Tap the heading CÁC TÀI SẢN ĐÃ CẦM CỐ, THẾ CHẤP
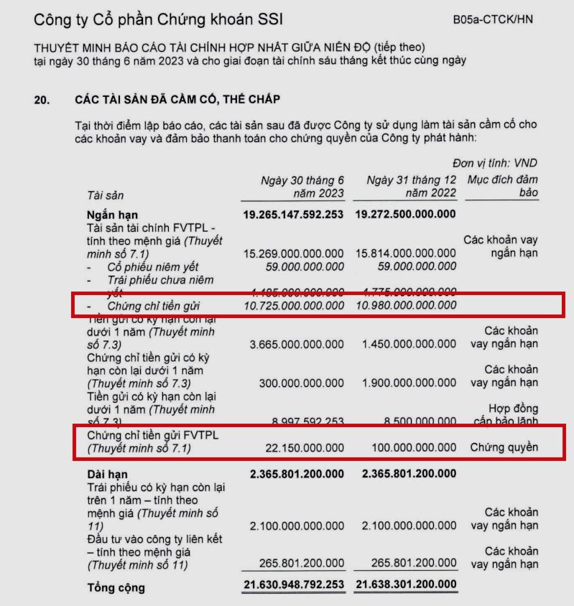[x=177, y=99]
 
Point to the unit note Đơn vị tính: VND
[x=495, y=163]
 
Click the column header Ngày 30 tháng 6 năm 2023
[x=302, y=187]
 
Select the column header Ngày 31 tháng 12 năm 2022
[x=410, y=187]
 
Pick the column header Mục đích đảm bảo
[x=503, y=187]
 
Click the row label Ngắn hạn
[x=112, y=215]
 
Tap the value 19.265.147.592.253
[x=294, y=215]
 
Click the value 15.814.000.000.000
[x=406, y=253]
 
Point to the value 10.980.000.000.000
[x=406, y=306]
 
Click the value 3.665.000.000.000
[x=297, y=345]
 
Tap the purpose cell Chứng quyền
[x=504, y=448]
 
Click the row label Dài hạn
[x=108, y=473]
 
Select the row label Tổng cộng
[x=116, y=588]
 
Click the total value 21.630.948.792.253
[x=294, y=585]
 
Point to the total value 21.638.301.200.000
[x=406, y=585]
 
